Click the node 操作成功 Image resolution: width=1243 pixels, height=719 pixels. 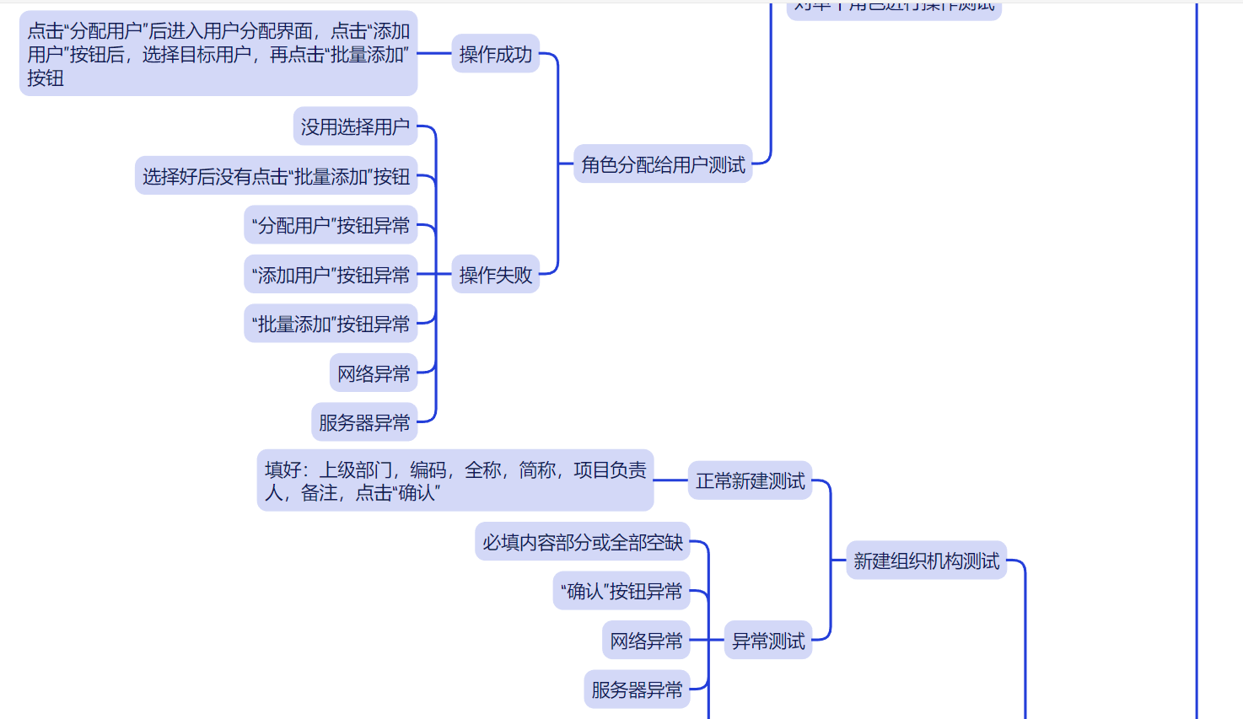click(x=495, y=54)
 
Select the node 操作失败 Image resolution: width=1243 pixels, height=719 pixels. click(x=495, y=274)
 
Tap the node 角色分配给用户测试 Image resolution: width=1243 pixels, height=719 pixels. click(x=663, y=164)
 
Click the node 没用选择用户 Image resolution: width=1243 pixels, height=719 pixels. click(x=355, y=126)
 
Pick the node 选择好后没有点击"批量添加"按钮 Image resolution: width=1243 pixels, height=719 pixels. click(x=276, y=176)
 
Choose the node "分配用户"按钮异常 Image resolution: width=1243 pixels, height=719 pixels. click(x=331, y=225)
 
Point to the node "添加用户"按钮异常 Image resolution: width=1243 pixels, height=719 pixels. click(x=331, y=275)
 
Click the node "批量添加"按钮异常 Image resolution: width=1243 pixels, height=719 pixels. click(x=331, y=324)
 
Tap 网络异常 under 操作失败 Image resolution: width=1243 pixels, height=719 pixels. click(x=374, y=373)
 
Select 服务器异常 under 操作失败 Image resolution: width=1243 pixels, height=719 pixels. click(x=364, y=422)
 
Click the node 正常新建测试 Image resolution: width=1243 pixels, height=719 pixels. click(x=750, y=480)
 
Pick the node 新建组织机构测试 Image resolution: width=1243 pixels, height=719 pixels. click(x=926, y=561)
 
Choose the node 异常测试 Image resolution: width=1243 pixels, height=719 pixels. click(x=767, y=641)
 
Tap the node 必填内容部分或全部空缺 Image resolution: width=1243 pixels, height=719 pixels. click(x=582, y=542)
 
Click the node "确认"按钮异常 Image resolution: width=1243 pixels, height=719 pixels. click(x=621, y=591)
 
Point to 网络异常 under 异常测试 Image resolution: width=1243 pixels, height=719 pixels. click(x=646, y=641)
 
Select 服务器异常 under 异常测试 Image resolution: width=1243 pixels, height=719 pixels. click(x=637, y=689)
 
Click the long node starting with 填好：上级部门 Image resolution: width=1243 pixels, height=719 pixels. click(x=455, y=480)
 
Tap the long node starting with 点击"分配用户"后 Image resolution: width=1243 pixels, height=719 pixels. click(x=218, y=54)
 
